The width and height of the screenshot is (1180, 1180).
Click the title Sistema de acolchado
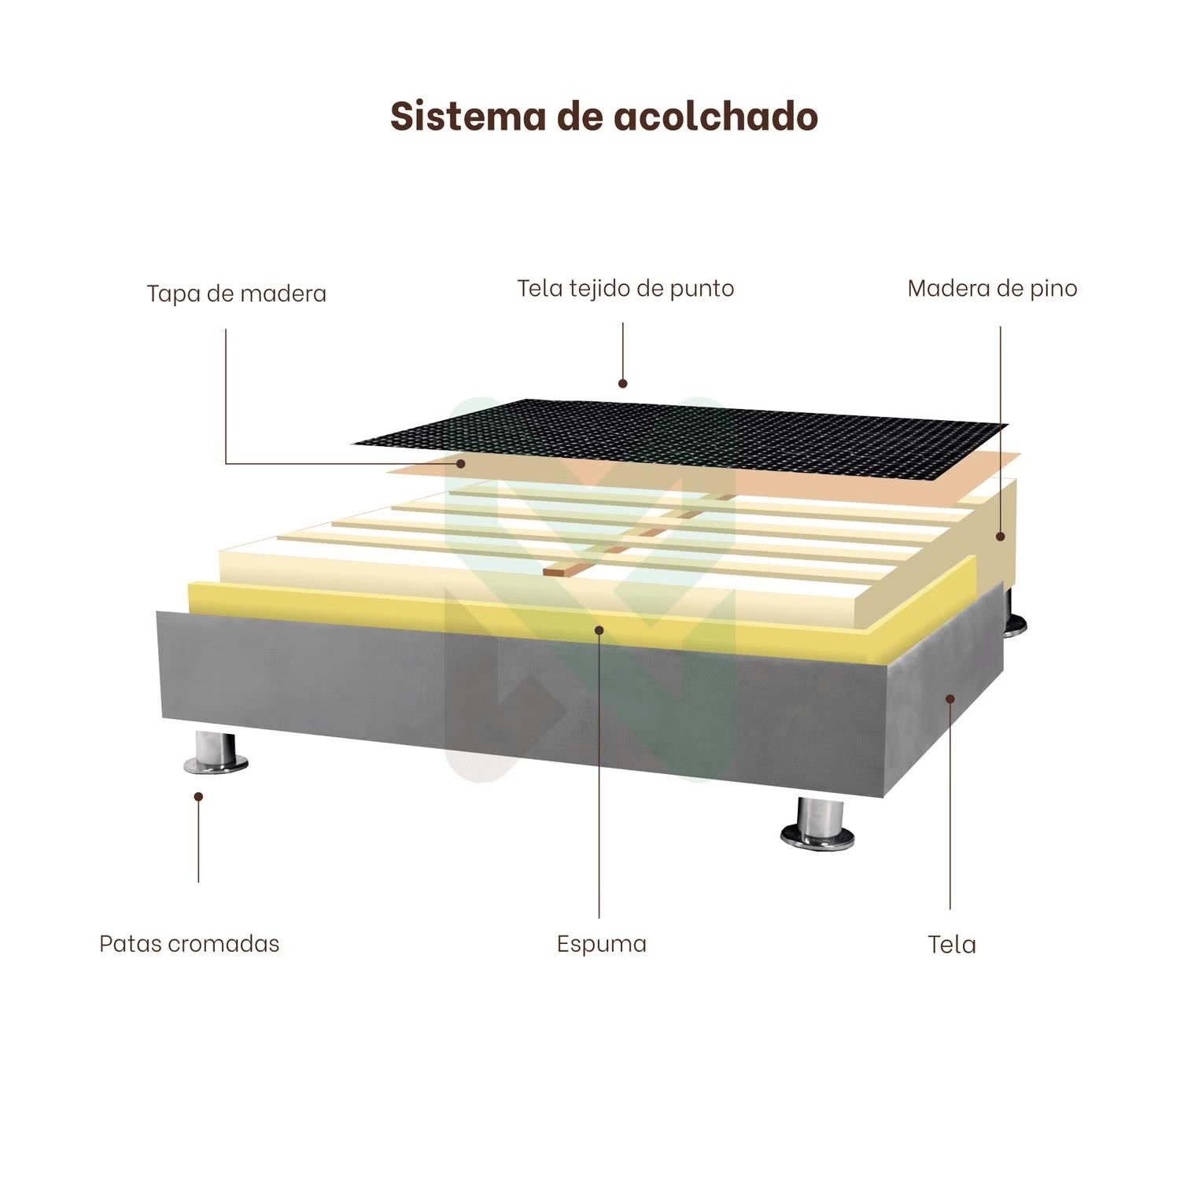pos(604,116)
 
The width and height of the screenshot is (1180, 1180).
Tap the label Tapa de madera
pos(236,293)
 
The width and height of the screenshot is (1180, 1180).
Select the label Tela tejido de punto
pos(625,288)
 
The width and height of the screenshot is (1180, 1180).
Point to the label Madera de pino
pos(992,288)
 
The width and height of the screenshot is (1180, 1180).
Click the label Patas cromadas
pos(189,943)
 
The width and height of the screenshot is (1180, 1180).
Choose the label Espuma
pos(601,943)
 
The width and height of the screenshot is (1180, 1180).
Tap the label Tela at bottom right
pos(951,944)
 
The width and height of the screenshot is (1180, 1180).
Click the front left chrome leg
pos(216,754)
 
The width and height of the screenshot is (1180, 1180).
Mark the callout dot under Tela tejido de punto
pos(622,384)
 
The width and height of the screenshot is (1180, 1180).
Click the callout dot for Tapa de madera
pos(461,463)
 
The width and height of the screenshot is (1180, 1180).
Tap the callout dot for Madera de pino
pos(1001,537)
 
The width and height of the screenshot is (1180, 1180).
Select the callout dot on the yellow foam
pos(599,629)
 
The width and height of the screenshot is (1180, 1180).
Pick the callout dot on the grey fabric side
pos(950,698)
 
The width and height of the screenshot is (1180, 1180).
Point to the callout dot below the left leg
pos(198,796)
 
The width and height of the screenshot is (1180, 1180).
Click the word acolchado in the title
pos(715,116)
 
